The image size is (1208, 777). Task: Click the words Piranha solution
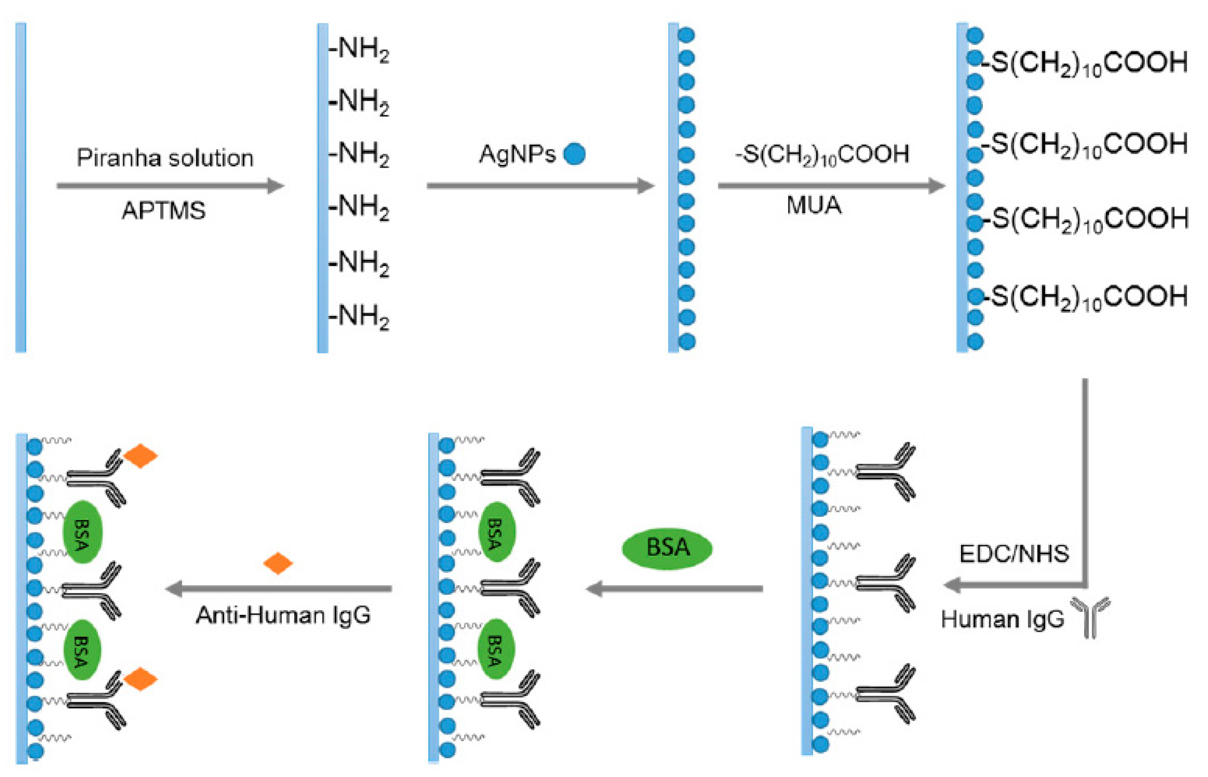tap(164, 158)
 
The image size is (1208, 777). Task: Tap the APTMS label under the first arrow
tap(164, 210)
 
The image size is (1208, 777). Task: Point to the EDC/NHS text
tap(1014, 553)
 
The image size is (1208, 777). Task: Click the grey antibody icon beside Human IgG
tap(1090, 617)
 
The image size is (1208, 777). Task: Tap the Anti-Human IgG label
tap(283, 615)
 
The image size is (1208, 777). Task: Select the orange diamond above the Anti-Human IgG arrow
tap(278, 563)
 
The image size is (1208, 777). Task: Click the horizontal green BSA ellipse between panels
tap(667, 548)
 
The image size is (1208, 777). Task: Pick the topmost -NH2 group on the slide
tap(359, 49)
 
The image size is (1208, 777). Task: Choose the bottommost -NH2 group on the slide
tap(359, 317)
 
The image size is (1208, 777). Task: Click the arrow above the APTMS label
tap(170, 186)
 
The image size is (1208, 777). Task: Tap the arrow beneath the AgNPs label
tap(540, 186)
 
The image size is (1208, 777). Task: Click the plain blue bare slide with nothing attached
tap(21, 187)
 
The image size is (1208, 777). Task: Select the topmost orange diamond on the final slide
tap(140, 456)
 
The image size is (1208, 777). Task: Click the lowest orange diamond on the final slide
tap(140, 679)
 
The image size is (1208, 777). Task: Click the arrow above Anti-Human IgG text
tap(279, 588)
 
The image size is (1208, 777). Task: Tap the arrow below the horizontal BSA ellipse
tap(674, 588)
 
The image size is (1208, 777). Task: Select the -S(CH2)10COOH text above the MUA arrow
tap(822, 154)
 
